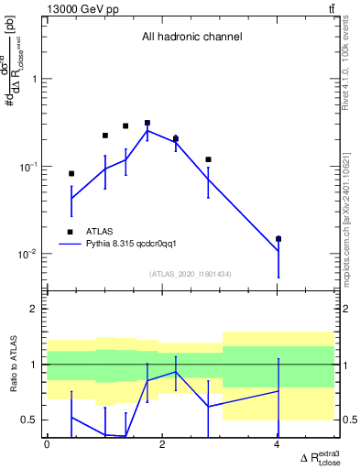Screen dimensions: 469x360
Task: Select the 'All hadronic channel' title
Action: (191, 38)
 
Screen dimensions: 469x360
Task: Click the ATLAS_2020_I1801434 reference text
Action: (191, 274)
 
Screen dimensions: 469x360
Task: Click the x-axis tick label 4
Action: (278, 444)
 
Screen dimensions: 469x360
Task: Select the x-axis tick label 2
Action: (162, 444)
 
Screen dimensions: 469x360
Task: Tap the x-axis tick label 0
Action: (47, 444)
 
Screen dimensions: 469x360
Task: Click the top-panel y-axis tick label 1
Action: (36, 79)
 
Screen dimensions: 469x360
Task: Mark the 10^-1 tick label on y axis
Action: (29, 166)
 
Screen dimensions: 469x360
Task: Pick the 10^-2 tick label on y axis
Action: (29, 254)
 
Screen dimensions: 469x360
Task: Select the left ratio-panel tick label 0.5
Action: (30, 420)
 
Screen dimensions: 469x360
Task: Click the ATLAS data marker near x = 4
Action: (278, 238)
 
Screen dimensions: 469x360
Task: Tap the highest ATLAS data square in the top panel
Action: (147, 123)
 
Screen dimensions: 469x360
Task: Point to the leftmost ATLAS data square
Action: (71, 173)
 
